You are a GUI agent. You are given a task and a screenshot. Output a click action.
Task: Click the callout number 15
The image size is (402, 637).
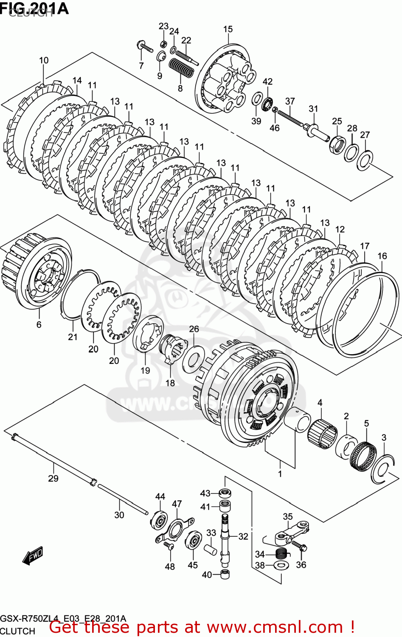point(228,29)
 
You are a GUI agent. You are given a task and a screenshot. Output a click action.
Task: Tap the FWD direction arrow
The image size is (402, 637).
point(33,555)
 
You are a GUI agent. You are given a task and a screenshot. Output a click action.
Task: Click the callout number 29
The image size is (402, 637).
point(53,479)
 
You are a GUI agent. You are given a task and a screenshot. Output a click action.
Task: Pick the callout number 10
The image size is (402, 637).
point(44,60)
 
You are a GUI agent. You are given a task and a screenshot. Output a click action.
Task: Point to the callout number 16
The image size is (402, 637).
point(382,256)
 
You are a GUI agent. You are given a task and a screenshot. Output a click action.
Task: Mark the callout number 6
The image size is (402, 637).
point(39,325)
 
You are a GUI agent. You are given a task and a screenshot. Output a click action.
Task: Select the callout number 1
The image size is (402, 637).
point(280,474)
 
